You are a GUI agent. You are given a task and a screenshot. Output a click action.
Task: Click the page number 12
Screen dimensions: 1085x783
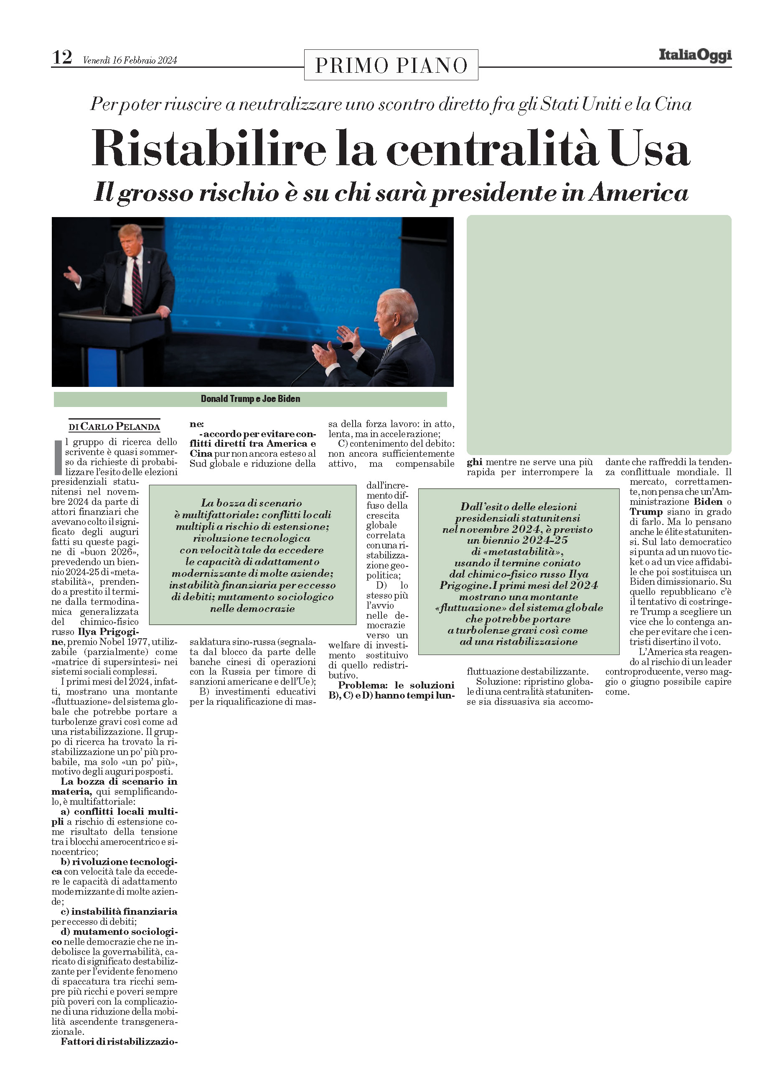pyautogui.click(x=62, y=57)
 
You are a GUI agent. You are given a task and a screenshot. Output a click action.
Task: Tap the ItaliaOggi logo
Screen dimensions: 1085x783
pyautogui.click(x=694, y=55)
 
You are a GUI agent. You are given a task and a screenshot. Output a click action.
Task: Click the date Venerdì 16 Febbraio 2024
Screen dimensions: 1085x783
pyautogui.click(x=130, y=60)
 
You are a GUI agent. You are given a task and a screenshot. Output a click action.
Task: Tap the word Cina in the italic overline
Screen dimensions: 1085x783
pyautogui.click(x=673, y=104)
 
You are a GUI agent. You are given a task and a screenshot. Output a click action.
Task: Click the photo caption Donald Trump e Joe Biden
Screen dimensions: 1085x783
pyautogui.click(x=250, y=399)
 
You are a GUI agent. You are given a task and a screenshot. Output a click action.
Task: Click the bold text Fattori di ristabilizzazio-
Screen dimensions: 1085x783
pyautogui.click(x=119, y=1041)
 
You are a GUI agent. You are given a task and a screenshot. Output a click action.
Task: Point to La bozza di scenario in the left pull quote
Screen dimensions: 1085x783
pyautogui.click(x=252, y=503)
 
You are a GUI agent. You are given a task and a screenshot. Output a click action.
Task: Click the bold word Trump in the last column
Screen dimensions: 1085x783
pyautogui.click(x=646, y=512)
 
